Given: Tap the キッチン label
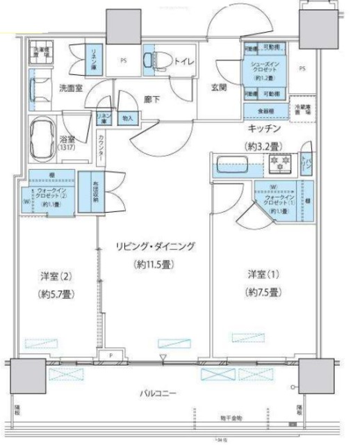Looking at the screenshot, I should click(x=265, y=129).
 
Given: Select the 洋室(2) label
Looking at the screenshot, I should click(x=56, y=276).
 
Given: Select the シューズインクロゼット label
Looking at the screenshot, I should click(x=265, y=69).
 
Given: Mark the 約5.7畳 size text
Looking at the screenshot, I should click(x=56, y=293).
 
